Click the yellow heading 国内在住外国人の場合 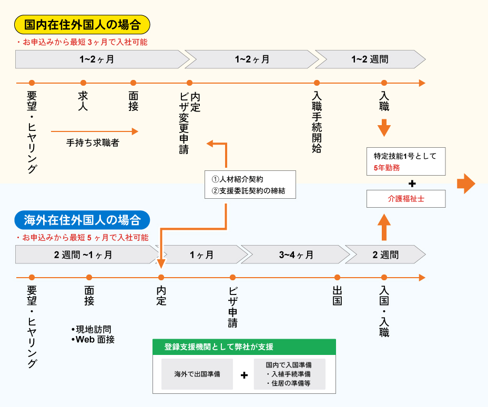point(83,24)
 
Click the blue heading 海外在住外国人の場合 point(83,219)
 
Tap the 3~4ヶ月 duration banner point(296,255)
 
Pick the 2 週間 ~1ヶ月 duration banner point(84,255)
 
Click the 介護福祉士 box point(405,199)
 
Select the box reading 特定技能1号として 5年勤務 point(405,161)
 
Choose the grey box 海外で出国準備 point(197,374)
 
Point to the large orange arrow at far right point(466,184)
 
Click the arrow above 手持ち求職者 point(95,131)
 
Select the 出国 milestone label point(337,296)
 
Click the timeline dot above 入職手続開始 point(317,83)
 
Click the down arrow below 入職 point(384,128)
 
